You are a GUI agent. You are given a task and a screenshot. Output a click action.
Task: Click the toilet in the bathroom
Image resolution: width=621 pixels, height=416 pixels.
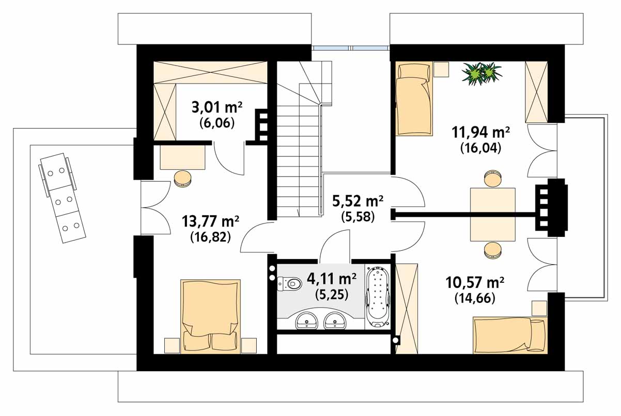289,283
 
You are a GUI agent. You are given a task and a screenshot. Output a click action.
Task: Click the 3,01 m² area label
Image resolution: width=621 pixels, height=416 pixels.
217,107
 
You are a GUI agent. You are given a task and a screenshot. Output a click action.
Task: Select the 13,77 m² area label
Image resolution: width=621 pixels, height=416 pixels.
210,221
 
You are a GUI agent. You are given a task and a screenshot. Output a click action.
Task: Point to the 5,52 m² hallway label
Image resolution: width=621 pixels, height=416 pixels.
358,201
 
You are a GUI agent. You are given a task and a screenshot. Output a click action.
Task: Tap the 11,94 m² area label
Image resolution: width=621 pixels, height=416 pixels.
480,132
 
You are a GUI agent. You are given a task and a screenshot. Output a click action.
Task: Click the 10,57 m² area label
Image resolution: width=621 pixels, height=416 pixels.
475,282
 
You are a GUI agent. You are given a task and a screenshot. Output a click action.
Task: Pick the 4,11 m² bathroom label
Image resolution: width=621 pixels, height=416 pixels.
332,279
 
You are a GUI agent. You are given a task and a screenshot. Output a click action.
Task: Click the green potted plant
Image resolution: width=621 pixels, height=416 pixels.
482,73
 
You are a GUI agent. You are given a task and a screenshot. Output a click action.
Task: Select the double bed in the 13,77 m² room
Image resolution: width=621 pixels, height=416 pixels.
210,316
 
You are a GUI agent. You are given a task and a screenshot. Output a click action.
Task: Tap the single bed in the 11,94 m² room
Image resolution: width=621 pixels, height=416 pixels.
414,99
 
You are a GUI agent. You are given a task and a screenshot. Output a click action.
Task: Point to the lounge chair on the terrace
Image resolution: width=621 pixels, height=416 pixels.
62,198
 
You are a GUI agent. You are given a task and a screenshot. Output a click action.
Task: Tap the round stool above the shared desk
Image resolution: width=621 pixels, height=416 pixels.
493,178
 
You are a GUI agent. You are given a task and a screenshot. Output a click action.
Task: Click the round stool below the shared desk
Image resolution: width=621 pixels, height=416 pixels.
493,250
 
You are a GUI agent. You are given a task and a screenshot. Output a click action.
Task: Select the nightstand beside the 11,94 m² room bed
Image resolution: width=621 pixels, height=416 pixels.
441,69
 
